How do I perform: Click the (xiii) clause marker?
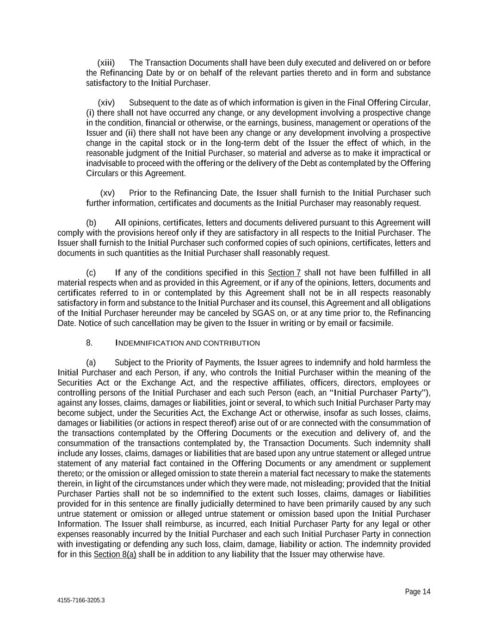(x=106, y=63)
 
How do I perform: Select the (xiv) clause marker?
(x=106, y=102)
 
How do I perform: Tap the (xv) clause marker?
(x=107, y=193)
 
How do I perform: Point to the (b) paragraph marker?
(x=91, y=223)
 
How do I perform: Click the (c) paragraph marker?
(x=91, y=272)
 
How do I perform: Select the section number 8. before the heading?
(x=89, y=343)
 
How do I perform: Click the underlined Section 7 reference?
(x=284, y=272)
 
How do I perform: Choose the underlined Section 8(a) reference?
(x=115, y=554)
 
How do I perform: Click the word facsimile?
(x=376, y=323)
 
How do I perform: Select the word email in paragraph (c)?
(x=337, y=323)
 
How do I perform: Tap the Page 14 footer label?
(x=418, y=592)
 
